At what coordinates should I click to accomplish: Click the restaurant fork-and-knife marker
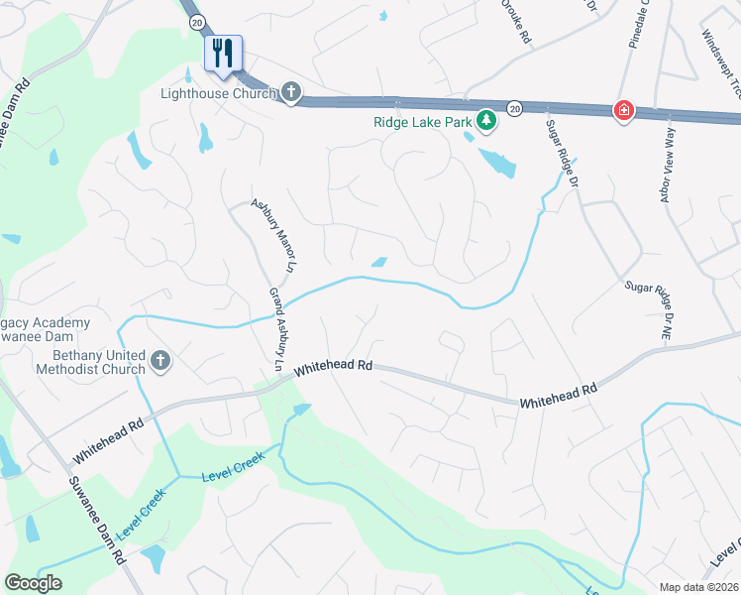tap(223, 53)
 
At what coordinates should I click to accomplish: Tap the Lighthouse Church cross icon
tap(290, 93)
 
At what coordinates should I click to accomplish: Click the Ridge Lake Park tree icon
tap(485, 121)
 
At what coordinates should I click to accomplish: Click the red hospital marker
tap(623, 110)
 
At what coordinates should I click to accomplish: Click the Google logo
tap(34, 582)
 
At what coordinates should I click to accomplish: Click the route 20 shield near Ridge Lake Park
tap(514, 106)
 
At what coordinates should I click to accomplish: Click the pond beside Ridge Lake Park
tap(496, 160)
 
